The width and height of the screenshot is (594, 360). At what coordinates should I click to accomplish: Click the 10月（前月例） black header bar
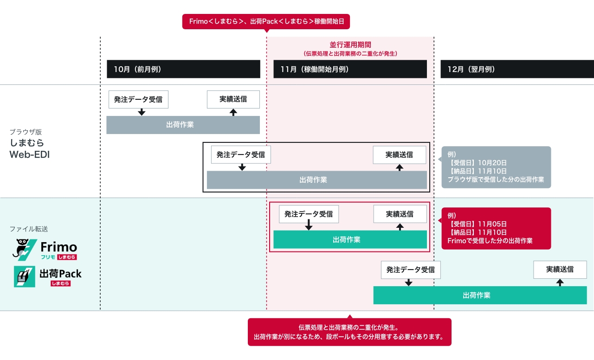(x=183, y=69)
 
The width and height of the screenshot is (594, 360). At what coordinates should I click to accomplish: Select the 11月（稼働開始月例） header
(x=350, y=69)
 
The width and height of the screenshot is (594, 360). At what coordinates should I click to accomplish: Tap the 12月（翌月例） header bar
(x=517, y=69)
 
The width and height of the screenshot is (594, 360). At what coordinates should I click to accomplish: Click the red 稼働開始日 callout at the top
(x=266, y=21)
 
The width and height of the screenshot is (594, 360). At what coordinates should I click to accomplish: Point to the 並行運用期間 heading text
(x=350, y=45)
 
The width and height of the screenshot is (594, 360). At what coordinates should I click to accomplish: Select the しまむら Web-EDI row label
(x=29, y=148)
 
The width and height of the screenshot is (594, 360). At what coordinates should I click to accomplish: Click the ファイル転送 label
(x=29, y=229)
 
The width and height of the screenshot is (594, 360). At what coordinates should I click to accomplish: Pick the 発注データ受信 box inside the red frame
(x=309, y=214)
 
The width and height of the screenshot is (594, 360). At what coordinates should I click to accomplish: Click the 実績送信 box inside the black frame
(x=399, y=154)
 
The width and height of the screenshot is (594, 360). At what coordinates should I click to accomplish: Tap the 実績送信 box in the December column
(x=560, y=269)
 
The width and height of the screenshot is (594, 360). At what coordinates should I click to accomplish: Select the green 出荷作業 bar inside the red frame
(x=350, y=239)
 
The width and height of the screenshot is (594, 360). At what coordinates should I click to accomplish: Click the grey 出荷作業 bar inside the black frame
(x=316, y=180)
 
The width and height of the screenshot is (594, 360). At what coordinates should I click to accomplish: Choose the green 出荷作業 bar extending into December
(x=480, y=295)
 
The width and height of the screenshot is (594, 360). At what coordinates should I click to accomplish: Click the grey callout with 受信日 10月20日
(x=496, y=167)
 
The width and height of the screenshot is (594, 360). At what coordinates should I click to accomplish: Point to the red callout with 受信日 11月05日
(x=496, y=228)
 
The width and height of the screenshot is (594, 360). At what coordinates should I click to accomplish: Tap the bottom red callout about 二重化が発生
(x=349, y=332)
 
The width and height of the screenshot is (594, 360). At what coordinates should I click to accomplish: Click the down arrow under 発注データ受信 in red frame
(x=309, y=226)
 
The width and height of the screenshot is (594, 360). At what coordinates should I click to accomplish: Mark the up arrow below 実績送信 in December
(x=560, y=282)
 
